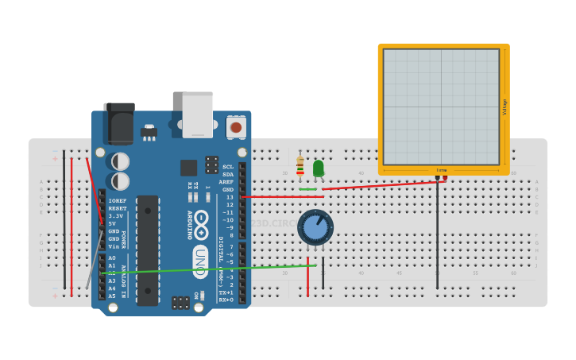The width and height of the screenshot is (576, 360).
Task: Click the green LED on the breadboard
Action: pos(319,168)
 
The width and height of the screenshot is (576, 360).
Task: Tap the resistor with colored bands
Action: pos(300,166)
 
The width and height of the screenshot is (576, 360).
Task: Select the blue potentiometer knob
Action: pos(315,227)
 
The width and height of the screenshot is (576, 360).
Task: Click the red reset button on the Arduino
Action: pos(235,127)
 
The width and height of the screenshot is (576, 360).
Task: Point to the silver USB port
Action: pos(198,114)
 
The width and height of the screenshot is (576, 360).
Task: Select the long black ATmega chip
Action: pos(147,250)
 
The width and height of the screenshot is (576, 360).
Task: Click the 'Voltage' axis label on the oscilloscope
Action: pos(504,106)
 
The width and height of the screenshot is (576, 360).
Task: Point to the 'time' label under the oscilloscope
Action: pos(441,169)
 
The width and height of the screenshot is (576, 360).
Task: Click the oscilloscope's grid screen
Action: pos(441,106)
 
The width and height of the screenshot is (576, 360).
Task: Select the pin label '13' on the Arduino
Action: pos(230,197)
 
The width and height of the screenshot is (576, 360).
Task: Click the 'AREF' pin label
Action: pos(226,182)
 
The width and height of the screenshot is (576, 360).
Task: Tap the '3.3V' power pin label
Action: pos(116,216)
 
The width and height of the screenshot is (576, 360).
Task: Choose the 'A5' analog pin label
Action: pos(112,296)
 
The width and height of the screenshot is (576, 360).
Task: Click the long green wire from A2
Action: pos(207,269)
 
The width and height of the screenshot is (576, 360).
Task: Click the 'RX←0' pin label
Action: pos(226,300)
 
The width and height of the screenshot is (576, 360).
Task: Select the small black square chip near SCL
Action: pos(188,168)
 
